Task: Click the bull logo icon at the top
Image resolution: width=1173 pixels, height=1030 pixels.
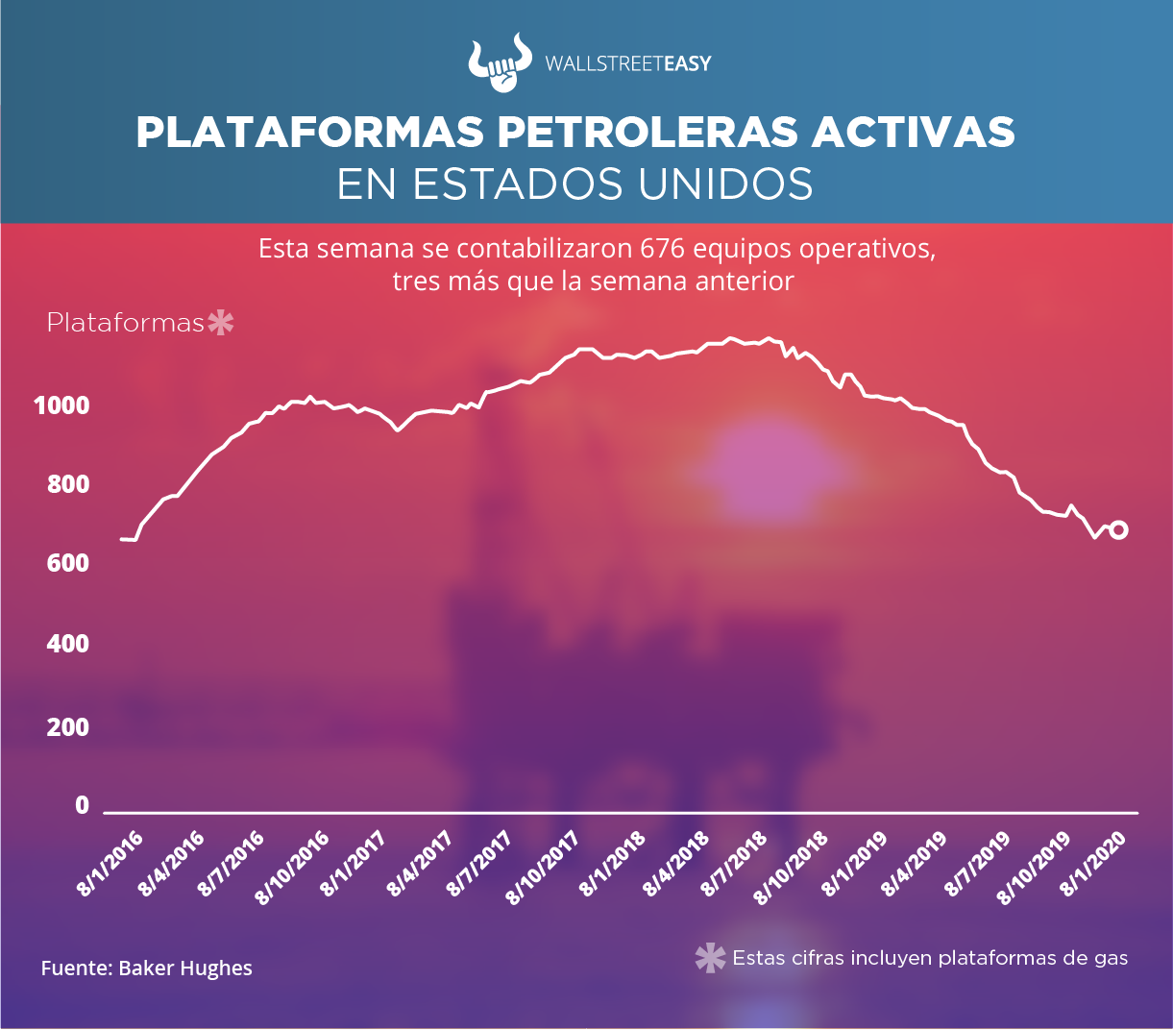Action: [x=499, y=62]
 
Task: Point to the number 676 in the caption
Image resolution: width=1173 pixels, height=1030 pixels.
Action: [x=663, y=249]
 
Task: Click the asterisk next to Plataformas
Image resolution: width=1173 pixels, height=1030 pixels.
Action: [x=221, y=323]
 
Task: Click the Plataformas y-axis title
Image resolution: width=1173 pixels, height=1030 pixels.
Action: [x=125, y=323]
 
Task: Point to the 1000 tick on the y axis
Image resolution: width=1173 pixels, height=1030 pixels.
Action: [x=61, y=405]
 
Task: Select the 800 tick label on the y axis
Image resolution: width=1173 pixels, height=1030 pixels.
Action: [x=68, y=484]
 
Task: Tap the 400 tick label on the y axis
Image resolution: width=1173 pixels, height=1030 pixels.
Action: [x=68, y=643]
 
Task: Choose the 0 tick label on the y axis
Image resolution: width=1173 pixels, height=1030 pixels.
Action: [x=82, y=805]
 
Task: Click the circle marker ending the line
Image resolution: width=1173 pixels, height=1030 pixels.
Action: [x=1118, y=530]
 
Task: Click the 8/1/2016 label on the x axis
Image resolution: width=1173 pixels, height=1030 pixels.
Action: [x=110, y=864]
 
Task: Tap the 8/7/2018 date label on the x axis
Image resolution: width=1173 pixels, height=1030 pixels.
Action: [x=735, y=864]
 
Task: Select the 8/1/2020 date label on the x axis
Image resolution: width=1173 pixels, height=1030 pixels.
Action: [x=1092, y=864]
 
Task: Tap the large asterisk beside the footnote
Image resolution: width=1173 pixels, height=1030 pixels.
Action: [x=710, y=958]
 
